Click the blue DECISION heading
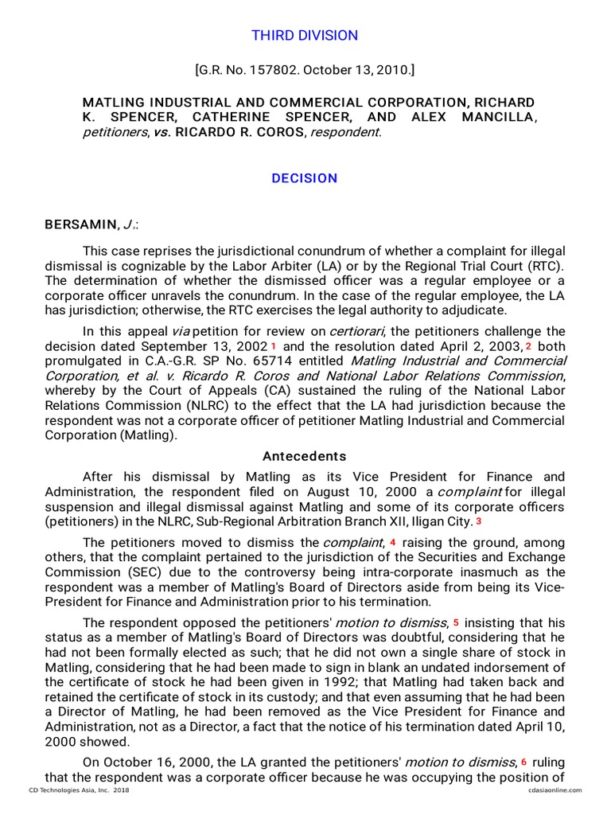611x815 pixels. click(x=305, y=178)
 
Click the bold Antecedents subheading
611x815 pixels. click(x=305, y=456)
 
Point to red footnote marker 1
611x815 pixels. click(x=274, y=346)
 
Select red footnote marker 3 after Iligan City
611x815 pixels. click(x=479, y=521)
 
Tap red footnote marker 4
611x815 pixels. click(x=393, y=542)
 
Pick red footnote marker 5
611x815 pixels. click(x=457, y=622)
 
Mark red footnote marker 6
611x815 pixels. click(x=524, y=762)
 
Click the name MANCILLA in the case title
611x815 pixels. click(x=499, y=118)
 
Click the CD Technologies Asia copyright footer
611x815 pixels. click(x=79, y=790)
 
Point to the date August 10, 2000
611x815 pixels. click(x=362, y=492)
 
